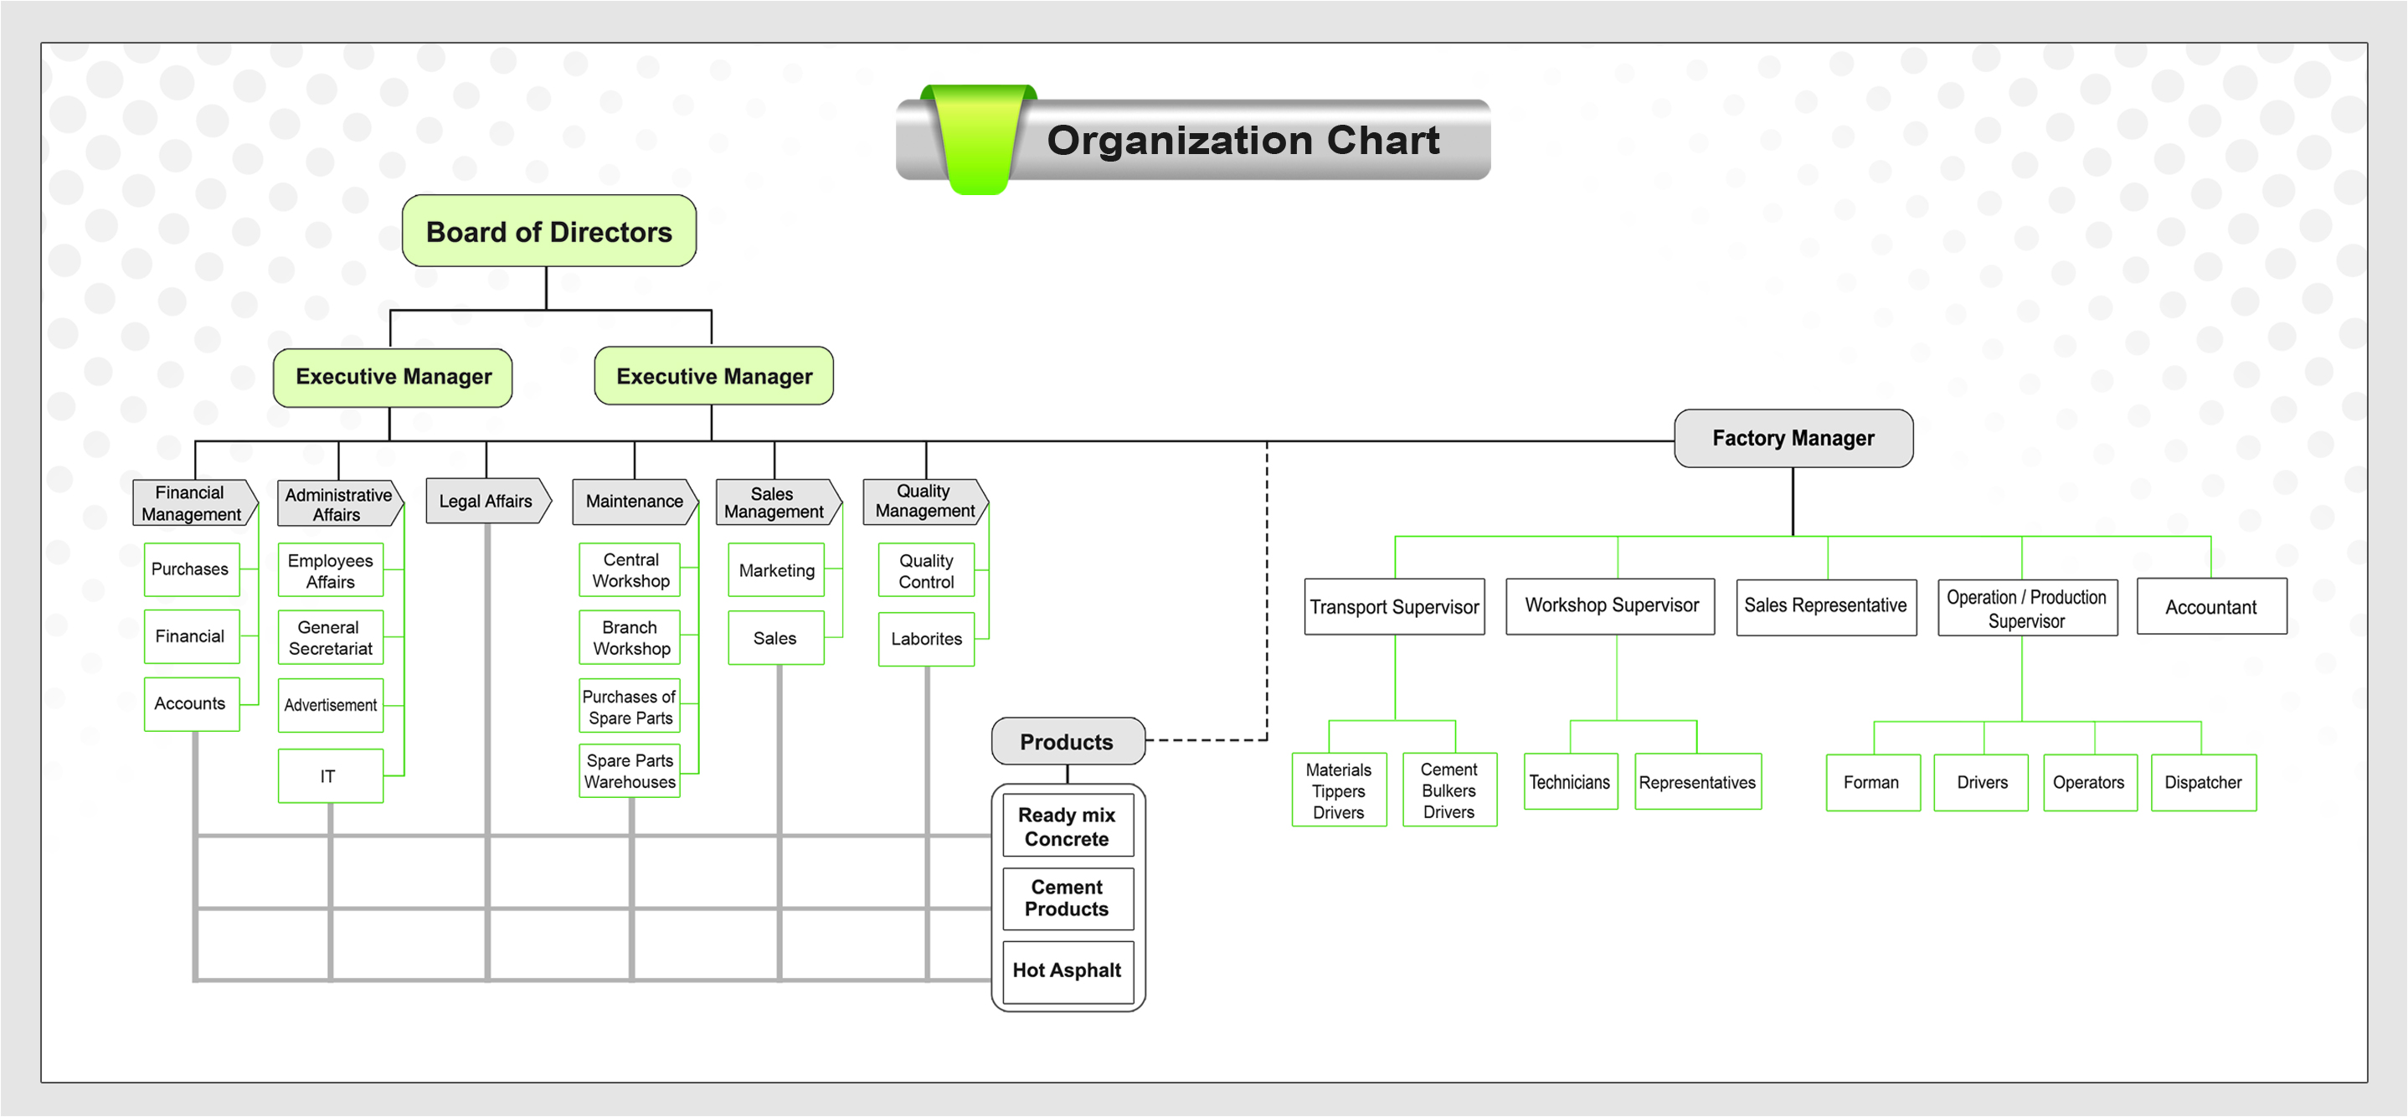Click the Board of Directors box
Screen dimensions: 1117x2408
tap(548, 231)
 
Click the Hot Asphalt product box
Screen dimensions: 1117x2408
tap(1067, 971)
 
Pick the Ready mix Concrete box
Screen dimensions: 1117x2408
tap(1067, 826)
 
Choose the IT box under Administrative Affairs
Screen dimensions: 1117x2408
tap(329, 776)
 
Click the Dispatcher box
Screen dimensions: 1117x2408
tap(2202, 782)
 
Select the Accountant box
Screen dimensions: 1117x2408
tap(2210, 606)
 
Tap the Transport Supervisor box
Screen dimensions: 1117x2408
tap(1394, 606)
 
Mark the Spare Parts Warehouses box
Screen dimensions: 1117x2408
tap(629, 771)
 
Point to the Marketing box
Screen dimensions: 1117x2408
tap(776, 570)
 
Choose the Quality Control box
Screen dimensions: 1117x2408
tap(925, 570)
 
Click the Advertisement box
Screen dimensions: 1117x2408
tap(330, 706)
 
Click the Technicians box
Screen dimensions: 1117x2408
tap(1570, 782)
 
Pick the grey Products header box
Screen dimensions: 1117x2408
tap(1067, 742)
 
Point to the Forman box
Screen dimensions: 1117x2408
tap(1871, 782)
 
